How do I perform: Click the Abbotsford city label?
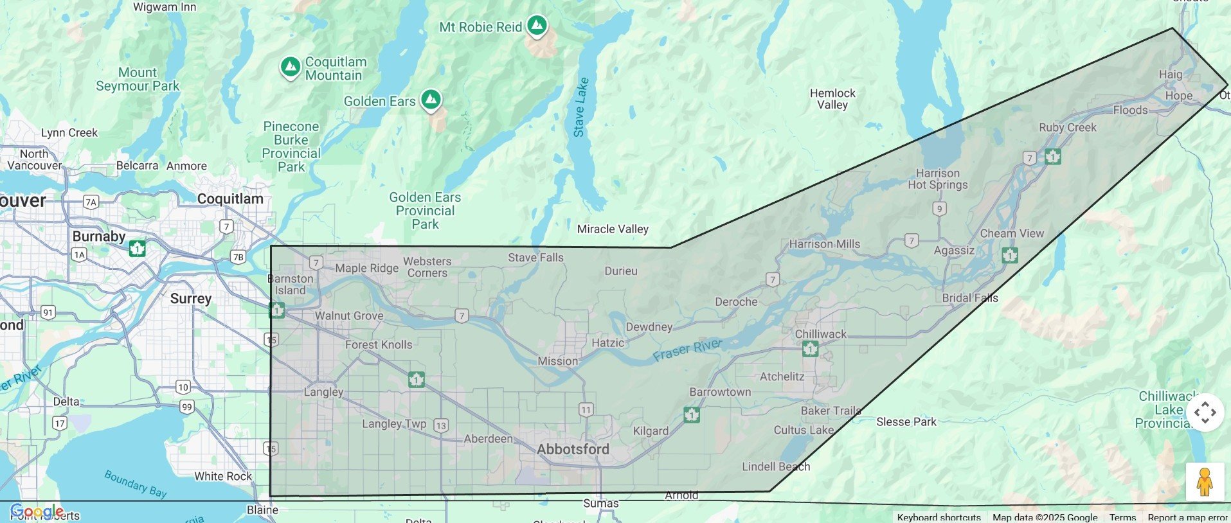(573, 449)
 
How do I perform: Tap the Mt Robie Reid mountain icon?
(537, 26)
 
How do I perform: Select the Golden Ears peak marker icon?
(431, 100)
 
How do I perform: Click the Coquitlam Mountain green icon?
(290, 67)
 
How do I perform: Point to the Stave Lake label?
(580, 107)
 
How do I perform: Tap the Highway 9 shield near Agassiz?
(940, 209)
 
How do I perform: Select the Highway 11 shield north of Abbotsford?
(586, 410)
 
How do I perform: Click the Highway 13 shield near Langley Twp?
(440, 425)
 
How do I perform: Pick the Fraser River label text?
(687, 350)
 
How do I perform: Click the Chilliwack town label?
(820, 334)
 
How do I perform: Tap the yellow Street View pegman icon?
(1204, 481)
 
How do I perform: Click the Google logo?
(36, 511)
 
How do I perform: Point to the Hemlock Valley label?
(832, 99)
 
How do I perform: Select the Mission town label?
(557, 361)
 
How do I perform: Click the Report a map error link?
(1187, 517)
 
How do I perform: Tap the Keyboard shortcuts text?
(939, 517)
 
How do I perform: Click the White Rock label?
(223, 476)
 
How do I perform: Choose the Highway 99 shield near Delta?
(186, 407)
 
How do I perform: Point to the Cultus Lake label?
(804, 430)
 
